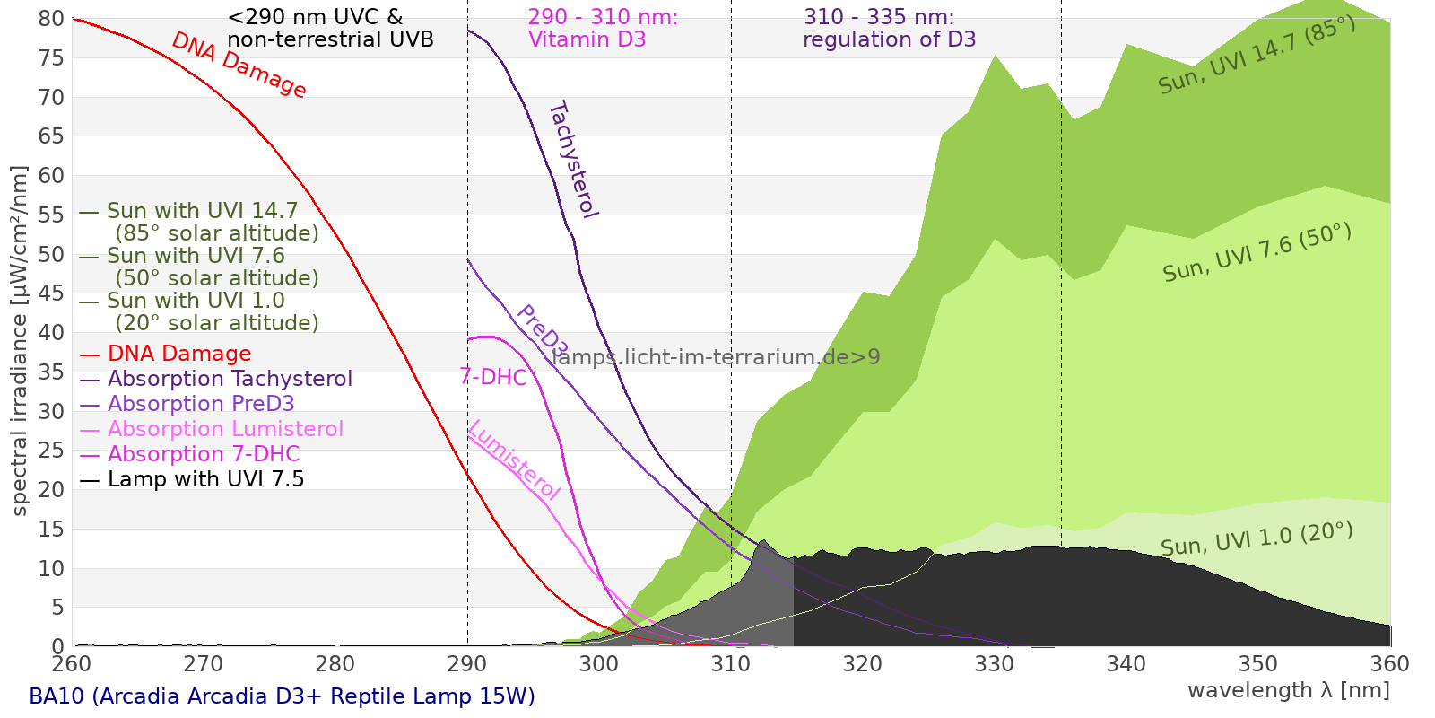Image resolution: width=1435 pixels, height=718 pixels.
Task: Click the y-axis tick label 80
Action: coord(51,19)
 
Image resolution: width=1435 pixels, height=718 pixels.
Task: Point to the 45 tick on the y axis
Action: coord(51,293)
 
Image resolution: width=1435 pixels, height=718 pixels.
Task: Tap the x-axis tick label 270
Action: coord(204,664)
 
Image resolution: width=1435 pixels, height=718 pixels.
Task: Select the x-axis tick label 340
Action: coord(1126,664)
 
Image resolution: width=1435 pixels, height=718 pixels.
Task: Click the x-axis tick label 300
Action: coord(599,664)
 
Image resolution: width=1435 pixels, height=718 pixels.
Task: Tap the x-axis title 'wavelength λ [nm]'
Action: coord(1289,691)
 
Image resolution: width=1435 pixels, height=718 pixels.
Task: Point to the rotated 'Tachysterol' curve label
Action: coord(574,160)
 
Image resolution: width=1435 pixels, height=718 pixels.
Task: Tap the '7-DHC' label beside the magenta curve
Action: coord(493,377)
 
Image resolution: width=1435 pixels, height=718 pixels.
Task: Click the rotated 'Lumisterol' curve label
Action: coord(515,460)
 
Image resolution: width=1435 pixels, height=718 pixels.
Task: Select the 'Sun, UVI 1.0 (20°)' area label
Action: coord(1257,539)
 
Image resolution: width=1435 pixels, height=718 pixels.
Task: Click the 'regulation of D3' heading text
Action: coord(889,39)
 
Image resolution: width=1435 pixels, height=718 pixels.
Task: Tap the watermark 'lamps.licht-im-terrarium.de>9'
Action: coord(716,357)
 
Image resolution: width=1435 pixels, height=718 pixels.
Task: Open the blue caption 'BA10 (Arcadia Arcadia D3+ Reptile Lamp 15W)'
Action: coord(282,696)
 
